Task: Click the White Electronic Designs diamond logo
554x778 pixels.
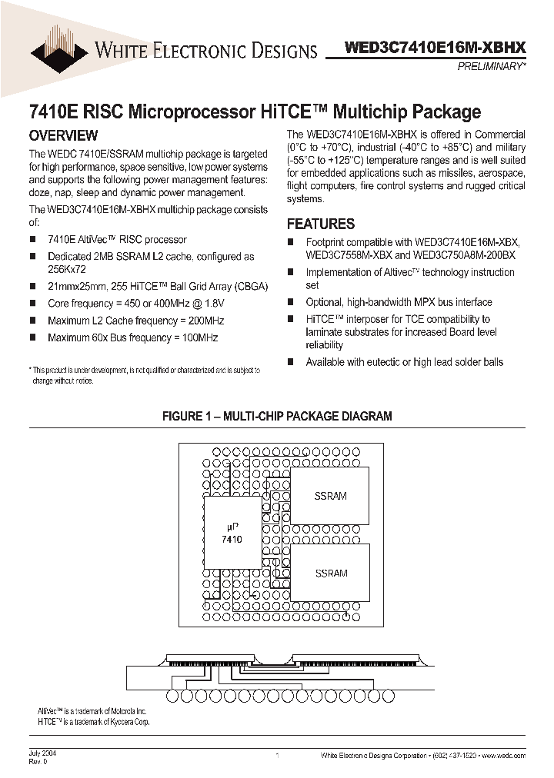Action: point(59,48)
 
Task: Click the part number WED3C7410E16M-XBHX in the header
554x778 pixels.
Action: point(436,48)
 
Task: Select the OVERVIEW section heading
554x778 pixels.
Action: point(63,136)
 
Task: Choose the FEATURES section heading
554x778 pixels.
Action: point(321,224)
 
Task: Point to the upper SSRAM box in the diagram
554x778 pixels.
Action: point(331,496)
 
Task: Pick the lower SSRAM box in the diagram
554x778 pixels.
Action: point(331,573)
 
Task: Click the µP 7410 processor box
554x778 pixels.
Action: point(231,534)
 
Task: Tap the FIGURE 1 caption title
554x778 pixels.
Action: point(277,416)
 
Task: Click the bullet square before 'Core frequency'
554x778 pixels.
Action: point(33,304)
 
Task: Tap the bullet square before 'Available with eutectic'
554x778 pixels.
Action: point(291,361)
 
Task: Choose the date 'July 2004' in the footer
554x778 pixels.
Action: point(42,753)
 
